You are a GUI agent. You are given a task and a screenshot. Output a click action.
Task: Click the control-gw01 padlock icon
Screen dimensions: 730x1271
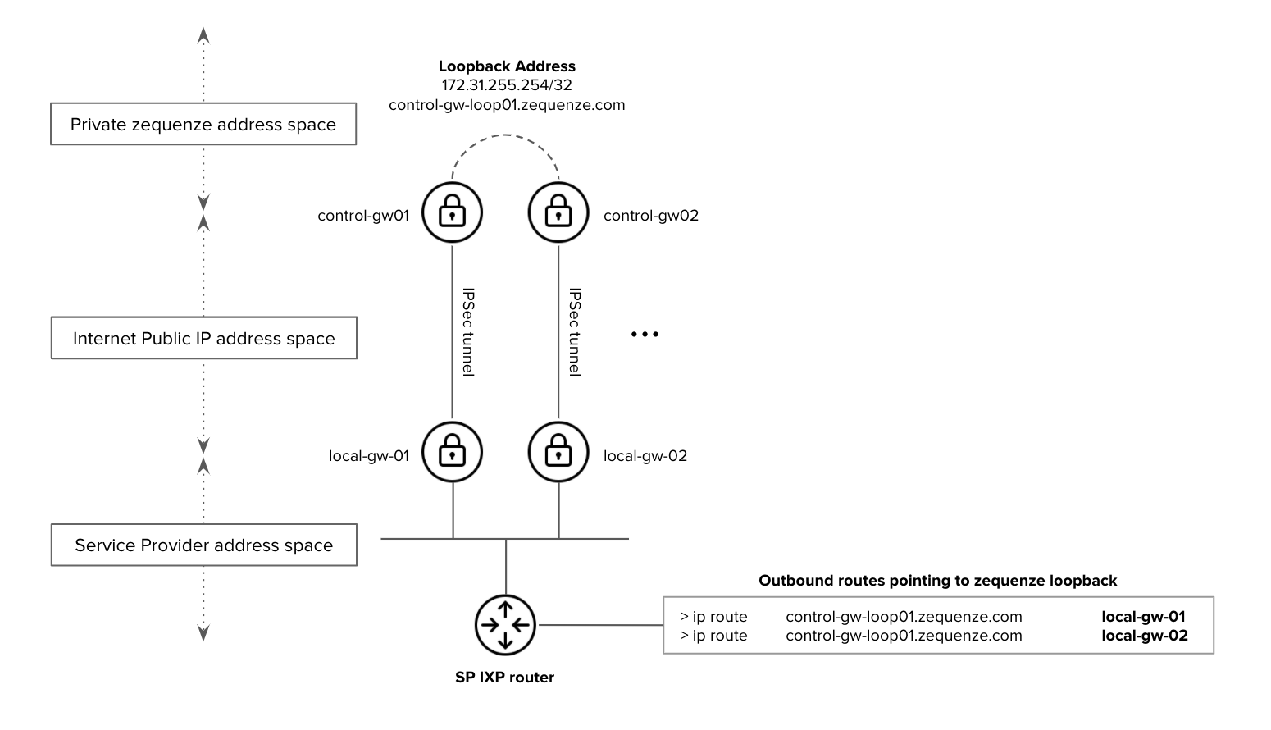pos(452,212)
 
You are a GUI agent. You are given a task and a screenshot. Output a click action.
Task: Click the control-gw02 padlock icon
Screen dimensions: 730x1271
pos(558,212)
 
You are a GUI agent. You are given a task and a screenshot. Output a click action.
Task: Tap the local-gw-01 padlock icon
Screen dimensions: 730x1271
pos(452,452)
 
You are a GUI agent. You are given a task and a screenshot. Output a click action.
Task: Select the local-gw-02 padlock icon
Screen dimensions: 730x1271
pos(558,452)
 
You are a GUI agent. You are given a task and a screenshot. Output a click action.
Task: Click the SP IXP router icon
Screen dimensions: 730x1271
pos(505,625)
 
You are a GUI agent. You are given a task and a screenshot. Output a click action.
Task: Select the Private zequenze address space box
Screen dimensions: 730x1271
pos(203,125)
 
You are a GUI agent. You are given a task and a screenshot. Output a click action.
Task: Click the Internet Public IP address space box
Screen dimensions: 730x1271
pos(203,338)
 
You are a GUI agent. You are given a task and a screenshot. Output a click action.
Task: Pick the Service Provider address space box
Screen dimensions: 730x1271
pos(203,545)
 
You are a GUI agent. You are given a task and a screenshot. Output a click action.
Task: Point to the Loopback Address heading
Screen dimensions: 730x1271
pos(507,66)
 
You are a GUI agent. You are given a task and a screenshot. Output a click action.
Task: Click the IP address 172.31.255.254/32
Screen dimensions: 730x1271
pos(507,85)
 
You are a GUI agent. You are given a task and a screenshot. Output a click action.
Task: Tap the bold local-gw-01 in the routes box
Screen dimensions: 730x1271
pos(1143,617)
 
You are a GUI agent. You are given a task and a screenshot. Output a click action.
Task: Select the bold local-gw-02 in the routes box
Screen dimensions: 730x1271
pos(1144,636)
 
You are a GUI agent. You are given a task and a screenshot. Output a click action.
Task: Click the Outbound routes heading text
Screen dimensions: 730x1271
pos(937,581)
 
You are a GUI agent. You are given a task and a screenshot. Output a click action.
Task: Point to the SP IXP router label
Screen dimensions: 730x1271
pos(505,678)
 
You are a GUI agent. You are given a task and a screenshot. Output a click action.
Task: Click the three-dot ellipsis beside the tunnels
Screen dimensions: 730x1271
pos(645,335)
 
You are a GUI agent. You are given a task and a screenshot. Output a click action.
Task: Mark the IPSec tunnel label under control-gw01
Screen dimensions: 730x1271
pos(468,331)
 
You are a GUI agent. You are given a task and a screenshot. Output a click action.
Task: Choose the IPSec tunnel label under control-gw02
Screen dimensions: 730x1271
pos(575,331)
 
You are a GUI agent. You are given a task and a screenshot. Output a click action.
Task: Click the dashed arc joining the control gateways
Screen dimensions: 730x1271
pos(505,135)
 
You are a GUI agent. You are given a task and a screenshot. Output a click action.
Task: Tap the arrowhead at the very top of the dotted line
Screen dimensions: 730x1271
pos(204,35)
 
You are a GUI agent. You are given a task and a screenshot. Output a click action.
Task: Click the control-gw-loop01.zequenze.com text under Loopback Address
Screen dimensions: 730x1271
pos(507,105)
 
